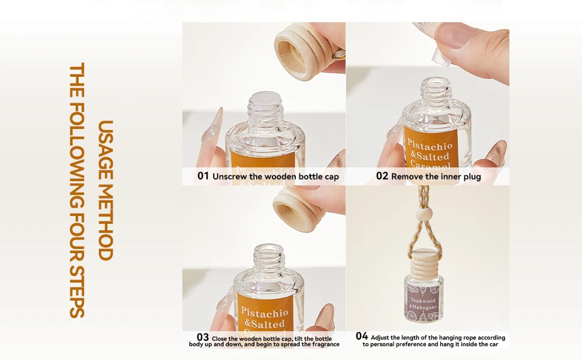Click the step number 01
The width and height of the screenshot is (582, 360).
coord(203,176)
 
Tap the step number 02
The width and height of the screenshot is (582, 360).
coord(382,176)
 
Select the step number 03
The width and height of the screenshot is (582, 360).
coord(203,337)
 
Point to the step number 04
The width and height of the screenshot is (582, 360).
coord(362,336)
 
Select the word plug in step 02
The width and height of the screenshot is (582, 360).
coord(472,176)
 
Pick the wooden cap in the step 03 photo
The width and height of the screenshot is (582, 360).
coord(299,209)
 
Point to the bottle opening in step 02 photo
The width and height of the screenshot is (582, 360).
coord(437,81)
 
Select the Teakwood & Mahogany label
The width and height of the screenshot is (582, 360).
coord(424,304)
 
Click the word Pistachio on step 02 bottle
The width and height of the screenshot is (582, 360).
coord(430,145)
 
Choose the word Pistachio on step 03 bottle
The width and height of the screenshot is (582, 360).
coord(264,313)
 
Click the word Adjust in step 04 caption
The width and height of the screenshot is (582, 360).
coord(380,338)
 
